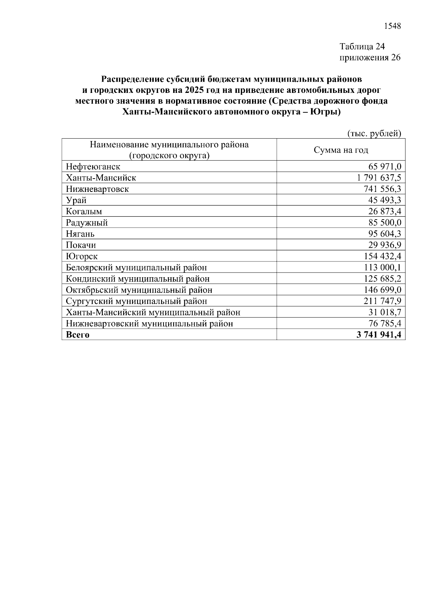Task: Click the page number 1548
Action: (x=392, y=26)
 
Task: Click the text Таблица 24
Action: (x=362, y=46)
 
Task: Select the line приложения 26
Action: (x=370, y=58)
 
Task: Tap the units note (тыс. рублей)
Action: (x=374, y=134)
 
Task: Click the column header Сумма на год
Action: (x=341, y=150)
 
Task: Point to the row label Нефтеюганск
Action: (x=93, y=167)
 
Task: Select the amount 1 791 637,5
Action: (x=379, y=178)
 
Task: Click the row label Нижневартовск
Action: (x=97, y=189)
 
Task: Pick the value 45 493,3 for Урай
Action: (x=385, y=200)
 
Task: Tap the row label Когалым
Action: (x=84, y=211)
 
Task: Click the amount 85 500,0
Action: (x=385, y=223)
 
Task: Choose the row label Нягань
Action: (x=80, y=234)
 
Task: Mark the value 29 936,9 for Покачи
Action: (x=385, y=245)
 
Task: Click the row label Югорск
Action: (x=82, y=256)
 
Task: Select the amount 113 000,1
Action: (x=383, y=268)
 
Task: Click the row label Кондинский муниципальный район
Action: (x=138, y=279)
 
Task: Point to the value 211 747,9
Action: (x=383, y=301)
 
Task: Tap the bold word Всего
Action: (x=78, y=334)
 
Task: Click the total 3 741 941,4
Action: (x=379, y=334)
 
